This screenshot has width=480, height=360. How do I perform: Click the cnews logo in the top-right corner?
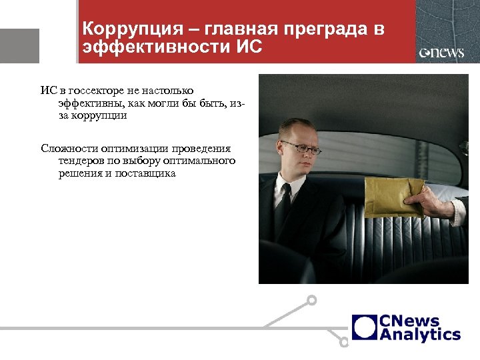[441, 53]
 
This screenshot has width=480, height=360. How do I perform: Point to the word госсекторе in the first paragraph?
[91, 90]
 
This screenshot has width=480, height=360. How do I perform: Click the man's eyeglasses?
[301, 147]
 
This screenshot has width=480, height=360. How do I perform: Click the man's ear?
[280, 155]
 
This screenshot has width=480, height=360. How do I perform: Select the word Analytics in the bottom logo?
[420, 335]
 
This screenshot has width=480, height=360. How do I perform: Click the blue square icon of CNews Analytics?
[364, 327]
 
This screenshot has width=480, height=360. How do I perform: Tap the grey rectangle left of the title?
[19, 46]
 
